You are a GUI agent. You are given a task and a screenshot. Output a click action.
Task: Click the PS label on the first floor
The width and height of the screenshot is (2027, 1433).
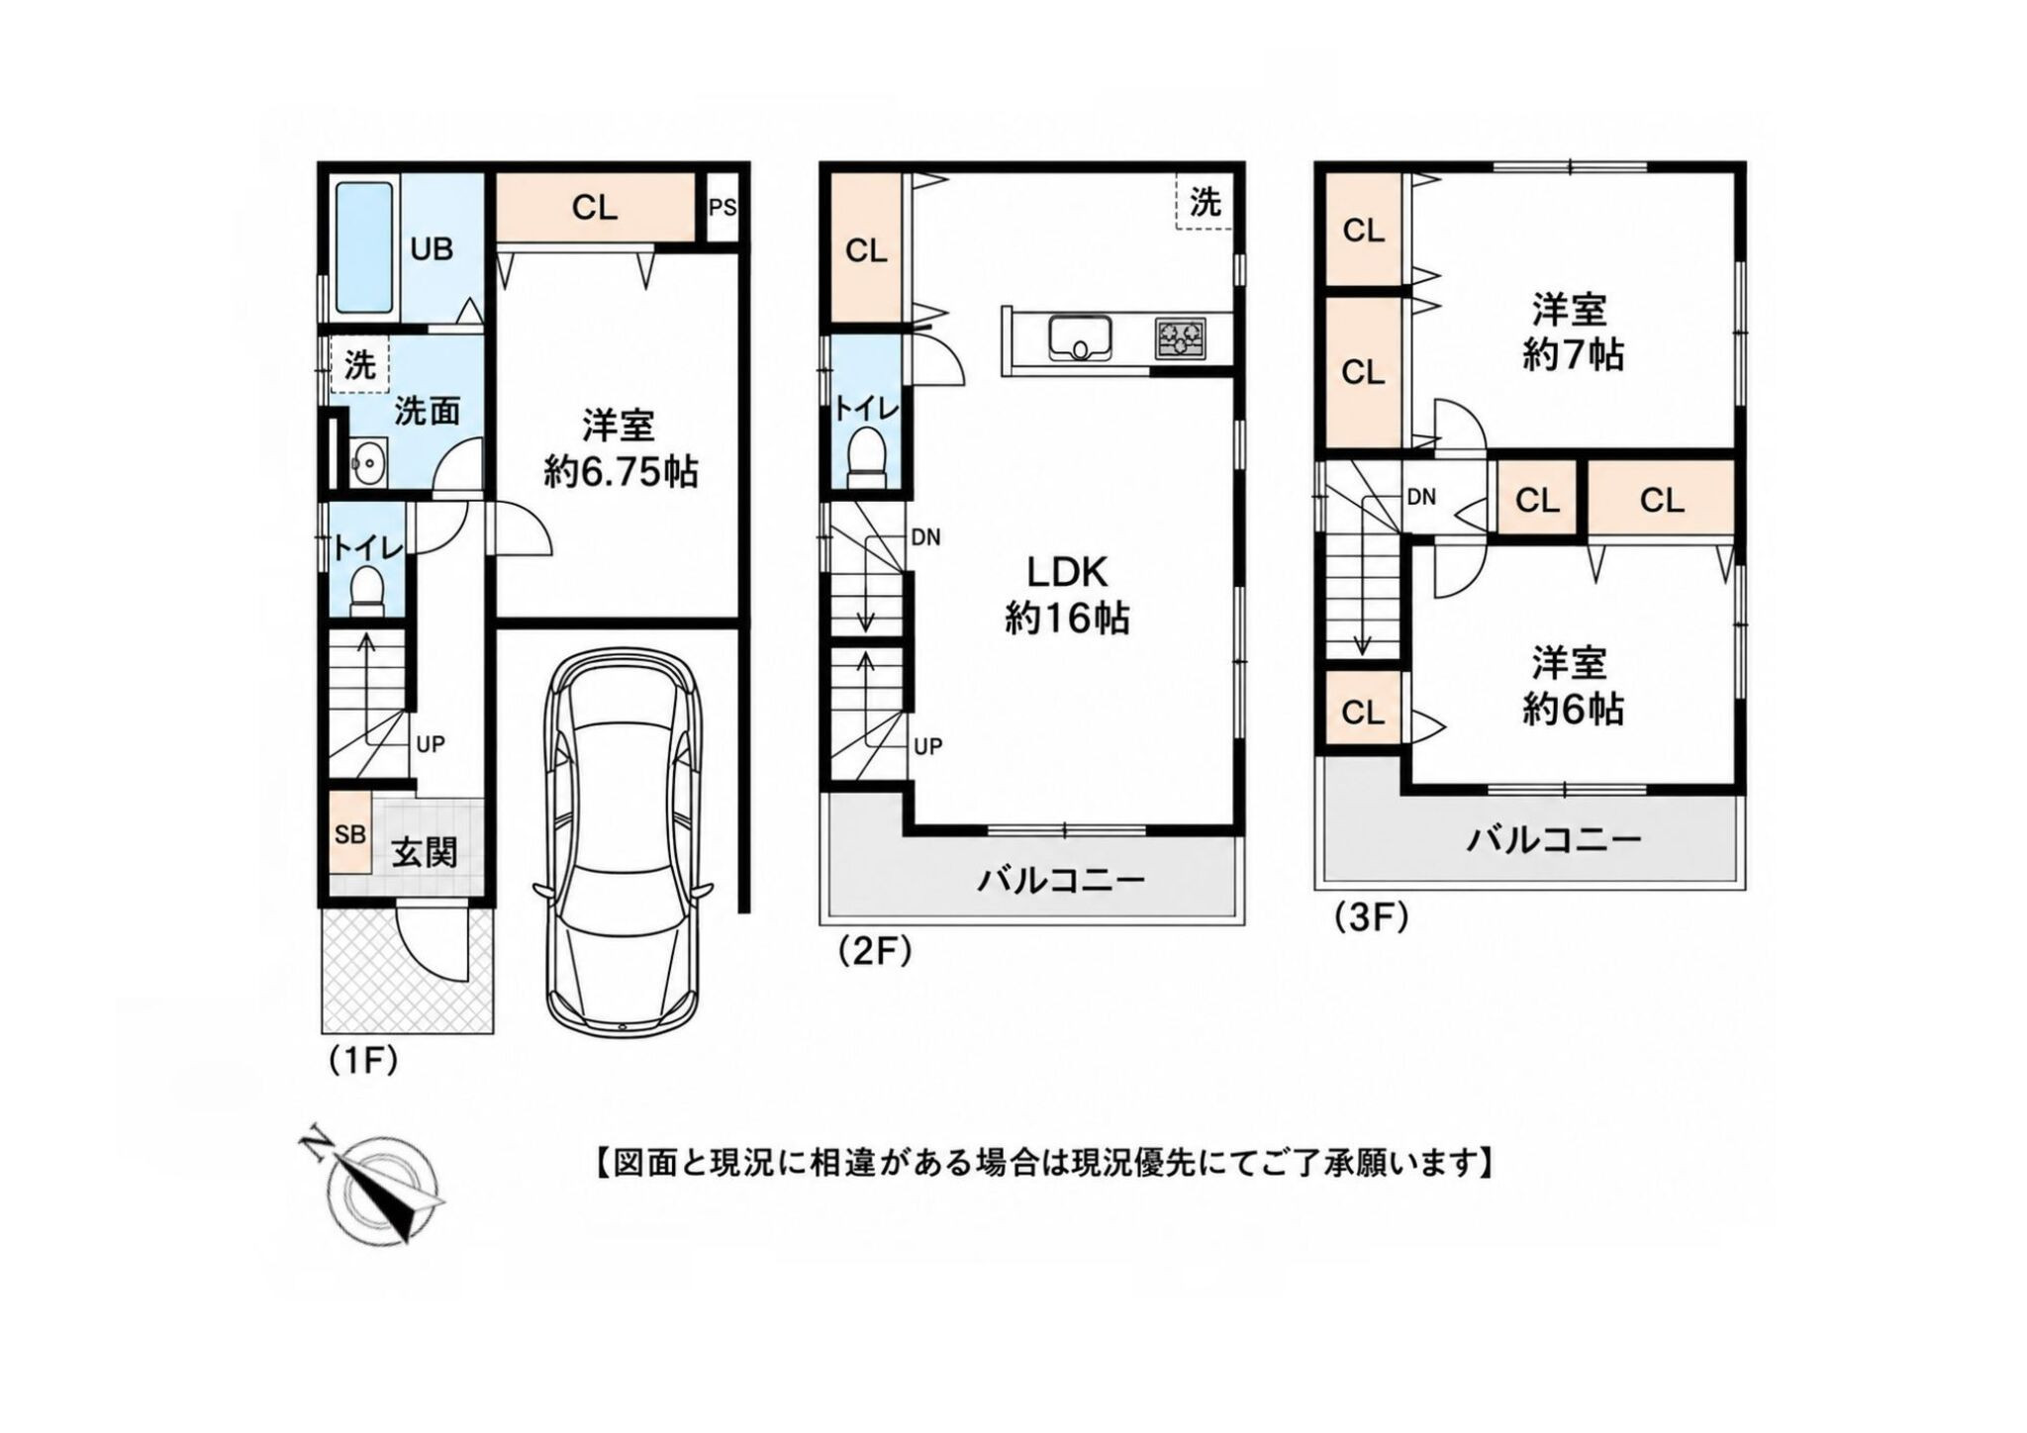(x=723, y=208)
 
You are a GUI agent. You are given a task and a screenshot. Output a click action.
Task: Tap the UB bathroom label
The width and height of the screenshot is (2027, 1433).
(x=432, y=249)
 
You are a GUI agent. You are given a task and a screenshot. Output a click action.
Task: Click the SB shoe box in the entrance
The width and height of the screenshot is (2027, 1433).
(x=349, y=834)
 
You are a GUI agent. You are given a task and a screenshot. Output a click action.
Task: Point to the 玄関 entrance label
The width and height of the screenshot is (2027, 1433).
(x=425, y=853)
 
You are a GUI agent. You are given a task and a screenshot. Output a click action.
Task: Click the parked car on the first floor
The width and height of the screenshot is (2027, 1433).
(x=622, y=841)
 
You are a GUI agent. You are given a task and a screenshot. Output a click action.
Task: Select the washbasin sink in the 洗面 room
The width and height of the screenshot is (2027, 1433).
(x=367, y=462)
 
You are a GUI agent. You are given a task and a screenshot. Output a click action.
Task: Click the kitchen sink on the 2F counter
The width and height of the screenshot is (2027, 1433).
(x=1081, y=338)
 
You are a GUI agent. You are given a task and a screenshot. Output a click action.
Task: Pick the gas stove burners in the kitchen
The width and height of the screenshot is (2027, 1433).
(x=1181, y=338)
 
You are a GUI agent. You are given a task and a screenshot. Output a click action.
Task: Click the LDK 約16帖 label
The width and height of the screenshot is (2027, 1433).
(x=1067, y=595)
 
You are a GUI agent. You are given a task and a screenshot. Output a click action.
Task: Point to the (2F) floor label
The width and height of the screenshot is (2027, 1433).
(x=873, y=951)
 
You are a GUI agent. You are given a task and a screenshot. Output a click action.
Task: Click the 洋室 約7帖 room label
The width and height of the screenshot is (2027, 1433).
(x=1573, y=332)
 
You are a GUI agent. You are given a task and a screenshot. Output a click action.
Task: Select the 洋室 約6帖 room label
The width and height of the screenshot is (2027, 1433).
(x=1572, y=686)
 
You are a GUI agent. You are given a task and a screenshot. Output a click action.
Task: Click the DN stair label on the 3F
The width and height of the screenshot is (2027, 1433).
(x=1421, y=497)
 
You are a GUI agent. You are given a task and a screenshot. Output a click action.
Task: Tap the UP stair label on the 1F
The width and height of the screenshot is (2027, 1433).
(x=430, y=744)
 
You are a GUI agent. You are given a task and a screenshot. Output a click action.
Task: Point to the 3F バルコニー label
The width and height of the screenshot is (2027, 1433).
(x=1554, y=841)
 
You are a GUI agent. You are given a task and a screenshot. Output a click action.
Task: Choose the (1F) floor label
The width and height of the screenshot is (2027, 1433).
(x=362, y=1061)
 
